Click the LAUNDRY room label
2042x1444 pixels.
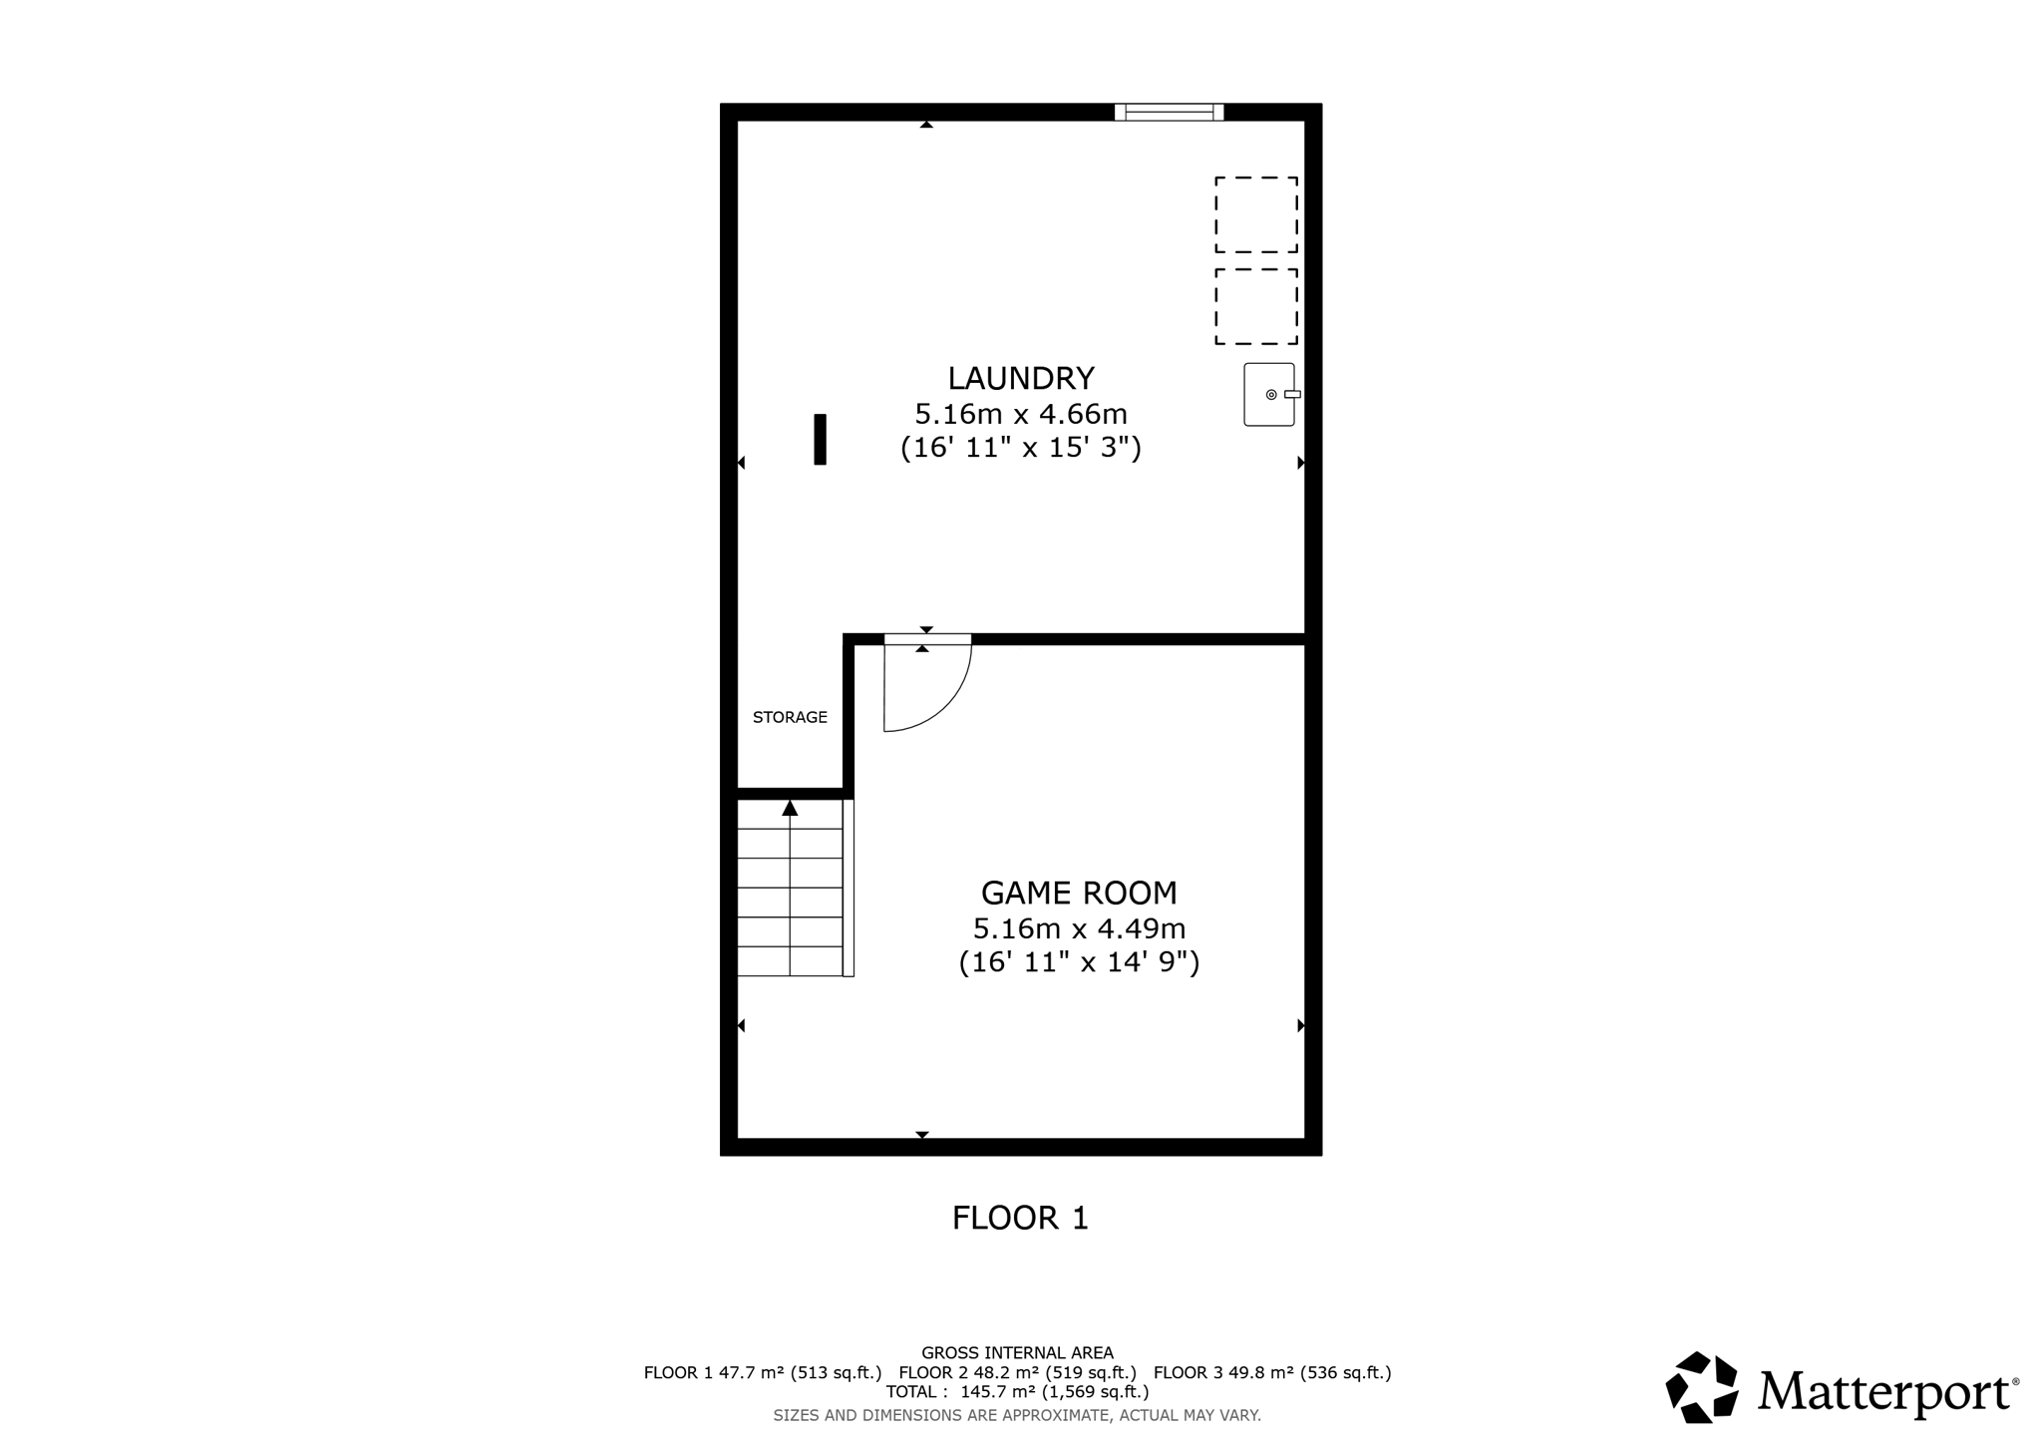pos(1020,378)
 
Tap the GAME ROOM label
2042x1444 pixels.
pos(1079,893)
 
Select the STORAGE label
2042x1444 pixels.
pos(790,717)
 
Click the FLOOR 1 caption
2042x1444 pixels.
pos(1020,1218)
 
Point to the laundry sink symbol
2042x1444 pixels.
pos(1270,395)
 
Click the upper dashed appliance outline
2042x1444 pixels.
pos(1255,214)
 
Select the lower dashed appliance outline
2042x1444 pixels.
pos(1255,306)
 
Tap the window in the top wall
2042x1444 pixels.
pos(1169,112)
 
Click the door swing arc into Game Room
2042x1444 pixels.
pos(942,703)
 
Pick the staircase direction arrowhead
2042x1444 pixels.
pos(790,808)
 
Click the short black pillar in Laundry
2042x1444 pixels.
pos(820,439)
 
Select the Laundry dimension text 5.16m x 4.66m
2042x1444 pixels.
pos(1020,413)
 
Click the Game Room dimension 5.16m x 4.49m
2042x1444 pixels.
pos(1079,928)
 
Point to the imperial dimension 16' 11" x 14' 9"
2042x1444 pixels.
pos(1079,962)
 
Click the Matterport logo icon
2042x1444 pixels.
pos(1702,1386)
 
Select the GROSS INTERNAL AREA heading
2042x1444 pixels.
pos(1017,1353)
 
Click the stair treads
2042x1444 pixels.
pos(790,902)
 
